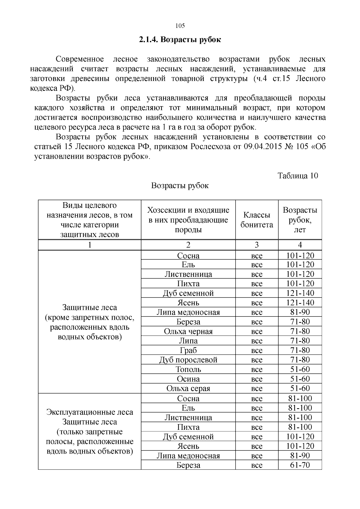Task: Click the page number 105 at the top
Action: pyautogui.click(x=180, y=26)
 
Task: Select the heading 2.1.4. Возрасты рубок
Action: pyautogui.click(x=180, y=40)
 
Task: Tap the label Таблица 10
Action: pyautogui.click(x=298, y=176)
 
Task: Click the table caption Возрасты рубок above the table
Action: pyautogui.click(x=180, y=186)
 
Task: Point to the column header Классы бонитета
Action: pyautogui.click(x=256, y=220)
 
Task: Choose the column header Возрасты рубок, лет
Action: pyautogui.click(x=300, y=220)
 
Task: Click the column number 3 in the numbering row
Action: pyautogui.click(x=256, y=245)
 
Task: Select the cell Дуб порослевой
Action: pyautogui.click(x=188, y=360)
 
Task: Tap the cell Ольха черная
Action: pyautogui.click(x=188, y=331)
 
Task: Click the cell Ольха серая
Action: pyautogui.click(x=188, y=388)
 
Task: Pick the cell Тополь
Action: pyautogui.click(x=188, y=370)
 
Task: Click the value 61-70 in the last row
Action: pyautogui.click(x=300, y=465)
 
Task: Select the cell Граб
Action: pyautogui.click(x=188, y=350)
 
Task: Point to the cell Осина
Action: pyautogui.click(x=188, y=379)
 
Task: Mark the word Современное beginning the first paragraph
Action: pyautogui.click(x=80, y=59)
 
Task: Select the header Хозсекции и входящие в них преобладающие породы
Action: pyautogui.click(x=188, y=220)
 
